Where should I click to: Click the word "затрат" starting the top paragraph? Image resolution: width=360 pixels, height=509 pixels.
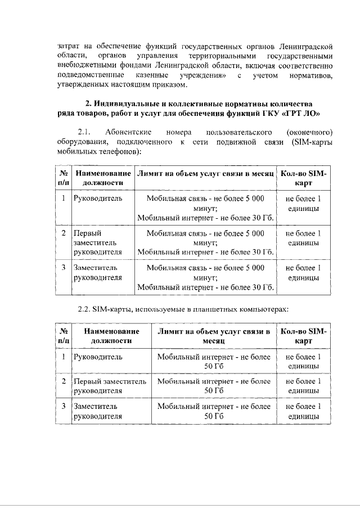67,45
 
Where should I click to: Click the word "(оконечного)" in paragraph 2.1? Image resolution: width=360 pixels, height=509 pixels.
309,132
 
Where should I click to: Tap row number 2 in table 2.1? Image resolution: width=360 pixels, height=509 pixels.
64,232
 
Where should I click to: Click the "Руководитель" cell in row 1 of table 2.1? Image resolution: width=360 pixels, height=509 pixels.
97,199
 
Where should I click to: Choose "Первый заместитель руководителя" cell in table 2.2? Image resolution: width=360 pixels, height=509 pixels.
110,386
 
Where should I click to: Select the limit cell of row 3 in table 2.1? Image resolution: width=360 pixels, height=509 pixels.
205,278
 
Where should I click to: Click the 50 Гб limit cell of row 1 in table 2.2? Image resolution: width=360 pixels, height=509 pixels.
214,361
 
